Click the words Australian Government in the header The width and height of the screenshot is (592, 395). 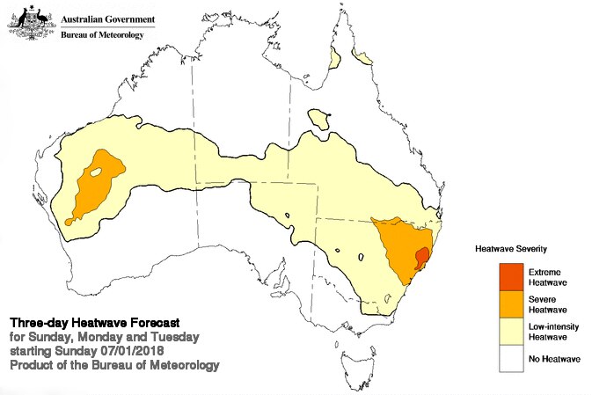(107, 18)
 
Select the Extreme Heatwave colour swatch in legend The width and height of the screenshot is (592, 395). (509, 276)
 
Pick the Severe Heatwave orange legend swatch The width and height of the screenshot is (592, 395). (509, 304)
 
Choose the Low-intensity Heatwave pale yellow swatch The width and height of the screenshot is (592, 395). (509, 331)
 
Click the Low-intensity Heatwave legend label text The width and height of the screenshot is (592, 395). (552, 331)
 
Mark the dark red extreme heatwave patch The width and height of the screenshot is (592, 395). (421, 258)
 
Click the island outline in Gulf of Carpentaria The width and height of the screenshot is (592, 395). (319, 119)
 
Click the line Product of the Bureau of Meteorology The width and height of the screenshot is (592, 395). (113, 364)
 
